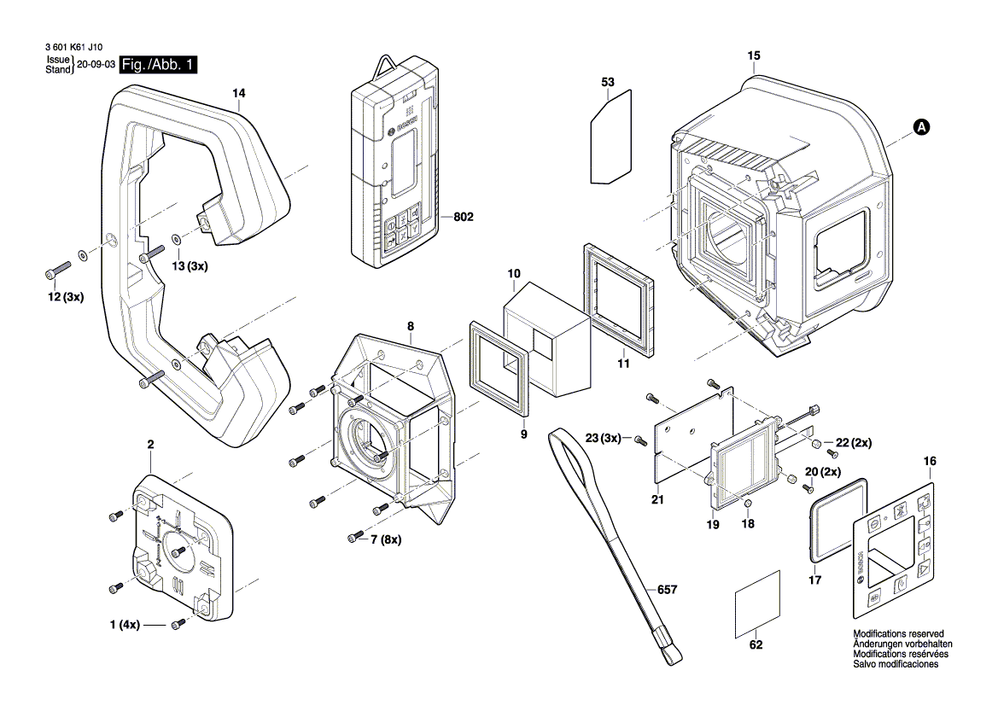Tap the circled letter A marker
click(920, 127)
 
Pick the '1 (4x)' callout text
click(125, 626)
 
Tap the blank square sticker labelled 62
click(757, 603)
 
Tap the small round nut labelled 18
click(747, 501)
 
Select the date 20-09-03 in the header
click(96, 66)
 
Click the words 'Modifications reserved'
click(897, 633)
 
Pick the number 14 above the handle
click(238, 92)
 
